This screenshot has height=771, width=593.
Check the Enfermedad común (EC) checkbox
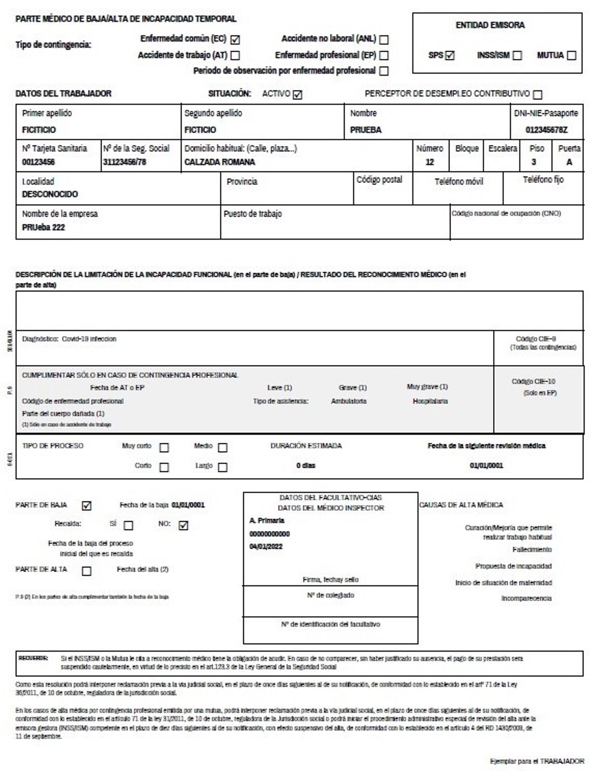[235, 40]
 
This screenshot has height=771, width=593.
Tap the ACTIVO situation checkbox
[297, 95]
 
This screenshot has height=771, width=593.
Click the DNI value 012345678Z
[546, 130]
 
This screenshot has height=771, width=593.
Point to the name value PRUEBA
[366, 130]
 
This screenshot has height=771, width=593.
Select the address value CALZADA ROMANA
[220, 162]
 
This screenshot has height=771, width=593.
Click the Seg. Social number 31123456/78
[124, 162]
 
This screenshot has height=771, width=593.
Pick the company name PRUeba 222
[44, 227]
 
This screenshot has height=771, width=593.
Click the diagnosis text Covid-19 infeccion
[89, 339]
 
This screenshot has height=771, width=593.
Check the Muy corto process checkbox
[164, 448]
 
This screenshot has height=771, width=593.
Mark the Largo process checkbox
[222, 467]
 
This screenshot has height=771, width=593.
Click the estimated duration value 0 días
[306, 465]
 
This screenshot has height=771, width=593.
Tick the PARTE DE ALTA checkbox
[86, 571]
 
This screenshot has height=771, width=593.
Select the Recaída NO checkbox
[183, 526]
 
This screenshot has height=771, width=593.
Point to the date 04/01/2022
[266, 547]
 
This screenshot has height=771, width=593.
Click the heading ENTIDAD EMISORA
[490, 25]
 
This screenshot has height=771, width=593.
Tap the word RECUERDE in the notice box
[33, 658]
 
